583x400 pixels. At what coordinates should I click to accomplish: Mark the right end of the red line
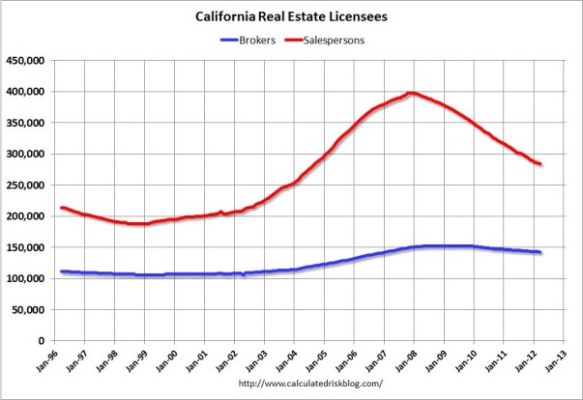tap(539, 164)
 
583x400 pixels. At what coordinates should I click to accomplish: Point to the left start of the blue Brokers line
tap(61, 271)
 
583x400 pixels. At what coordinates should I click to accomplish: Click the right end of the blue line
tap(539, 252)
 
